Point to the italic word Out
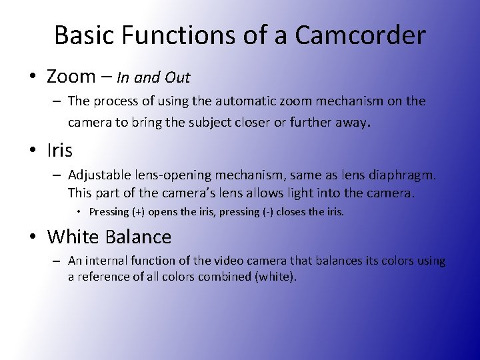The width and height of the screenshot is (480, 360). click(x=178, y=77)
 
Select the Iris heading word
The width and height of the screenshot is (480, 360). click(x=60, y=150)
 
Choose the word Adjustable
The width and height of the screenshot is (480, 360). click(x=97, y=175)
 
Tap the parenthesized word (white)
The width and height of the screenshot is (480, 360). click(x=273, y=276)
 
